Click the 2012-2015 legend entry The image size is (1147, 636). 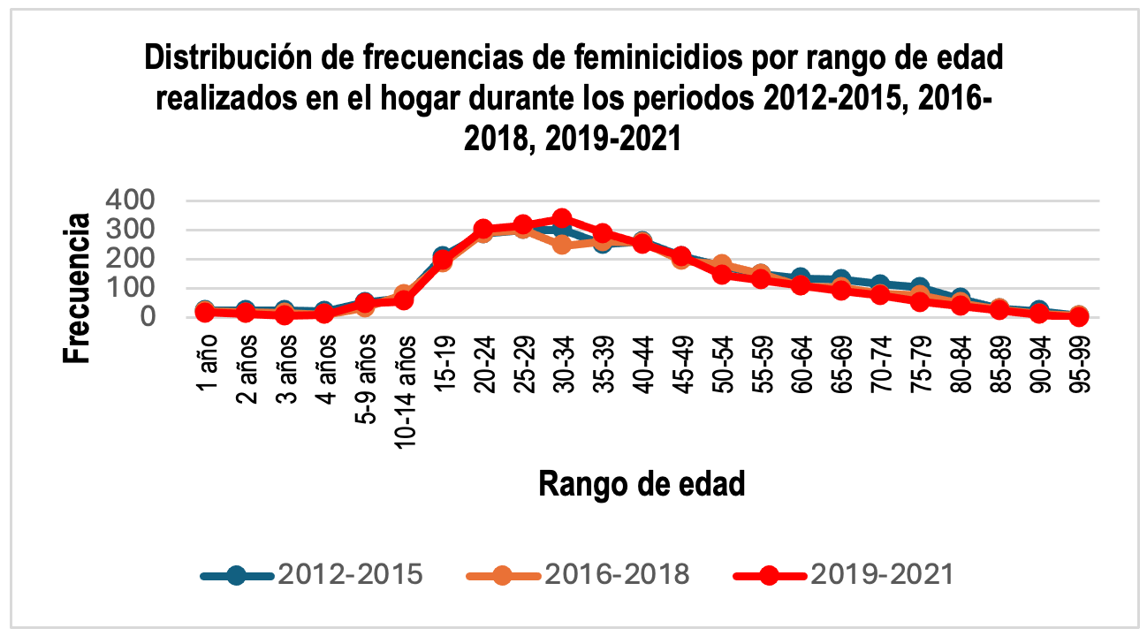point(313,574)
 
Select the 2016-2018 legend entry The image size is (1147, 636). point(578,574)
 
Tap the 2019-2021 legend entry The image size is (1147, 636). point(844,574)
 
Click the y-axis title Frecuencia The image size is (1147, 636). point(77,288)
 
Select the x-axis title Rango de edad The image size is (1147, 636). point(642,484)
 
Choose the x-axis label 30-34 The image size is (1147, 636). point(563,366)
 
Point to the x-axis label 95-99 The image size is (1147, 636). point(1080,366)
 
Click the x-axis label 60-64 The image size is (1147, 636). point(801,366)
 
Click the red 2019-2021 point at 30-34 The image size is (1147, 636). point(561,218)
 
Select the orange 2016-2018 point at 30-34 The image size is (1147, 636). point(561,244)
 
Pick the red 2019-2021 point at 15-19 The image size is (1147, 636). point(442,261)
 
